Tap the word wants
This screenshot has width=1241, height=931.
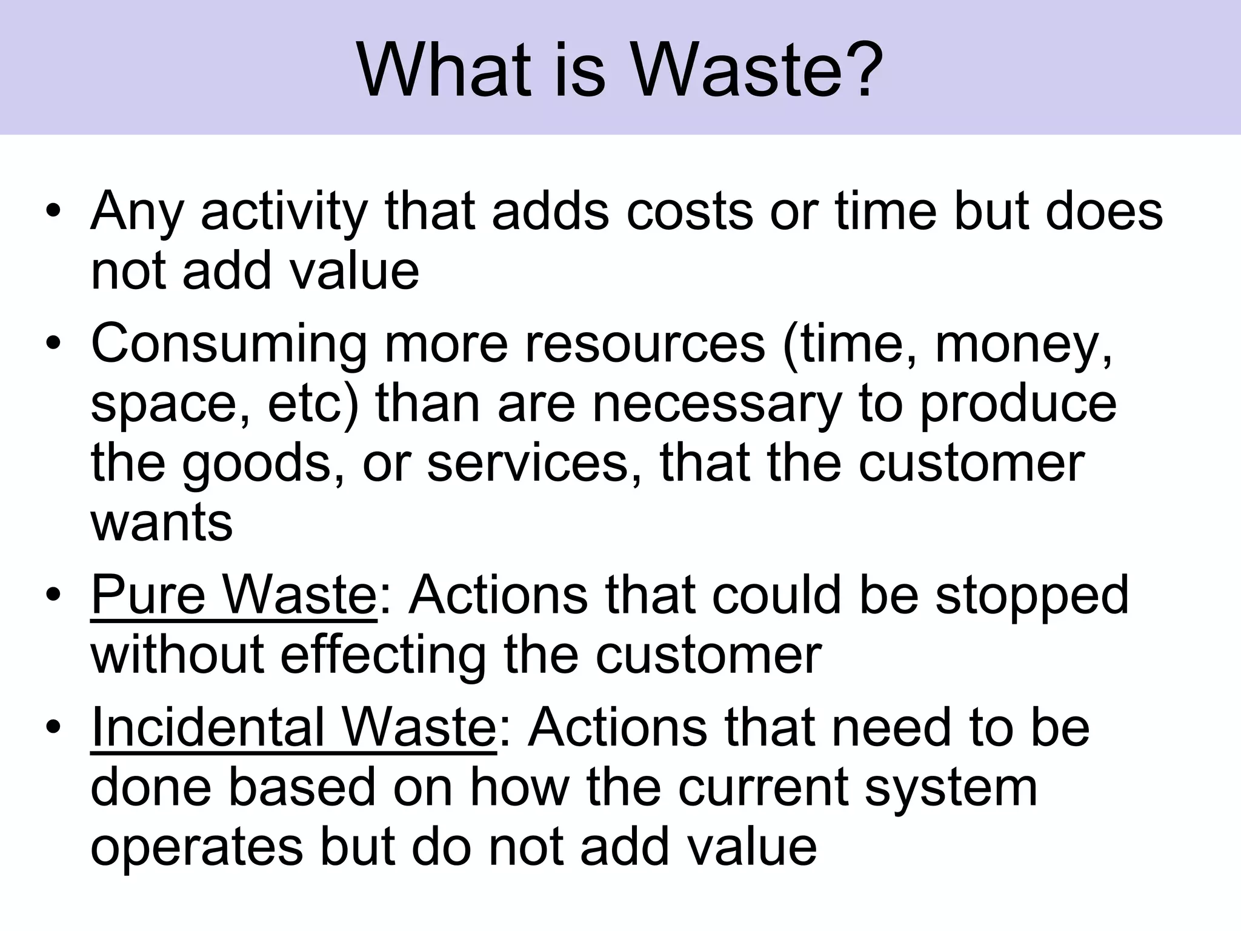click(x=162, y=522)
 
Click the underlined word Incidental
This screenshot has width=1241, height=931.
click(x=206, y=727)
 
